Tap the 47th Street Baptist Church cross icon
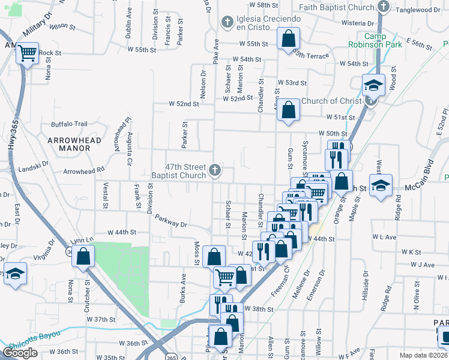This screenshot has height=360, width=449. (x=214, y=171)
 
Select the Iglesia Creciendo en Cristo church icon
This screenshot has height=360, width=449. (x=227, y=23)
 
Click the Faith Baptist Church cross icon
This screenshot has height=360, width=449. (x=384, y=8)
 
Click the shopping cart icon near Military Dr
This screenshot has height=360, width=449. (x=28, y=53)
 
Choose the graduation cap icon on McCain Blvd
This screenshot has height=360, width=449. (x=381, y=185)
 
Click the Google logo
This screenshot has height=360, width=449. (x=20, y=353)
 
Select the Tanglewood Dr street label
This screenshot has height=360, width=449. (x=420, y=10)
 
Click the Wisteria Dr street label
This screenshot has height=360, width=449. (x=357, y=23)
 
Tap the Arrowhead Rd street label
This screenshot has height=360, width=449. (x=84, y=170)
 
